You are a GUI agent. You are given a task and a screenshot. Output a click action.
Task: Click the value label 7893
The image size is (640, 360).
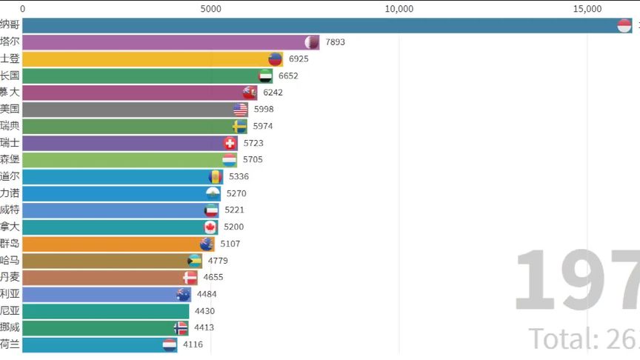[x=335, y=41]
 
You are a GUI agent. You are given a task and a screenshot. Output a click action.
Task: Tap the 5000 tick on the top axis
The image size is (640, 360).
[x=211, y=9]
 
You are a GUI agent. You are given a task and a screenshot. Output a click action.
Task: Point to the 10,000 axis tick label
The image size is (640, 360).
[x=399, y=9]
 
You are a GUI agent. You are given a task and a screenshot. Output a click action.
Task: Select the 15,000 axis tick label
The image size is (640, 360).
[x=587, y=9]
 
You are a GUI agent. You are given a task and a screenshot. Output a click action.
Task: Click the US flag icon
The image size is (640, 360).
[x=240, y=109]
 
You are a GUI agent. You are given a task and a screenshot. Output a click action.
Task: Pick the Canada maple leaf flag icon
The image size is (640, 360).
[x=210, y=227]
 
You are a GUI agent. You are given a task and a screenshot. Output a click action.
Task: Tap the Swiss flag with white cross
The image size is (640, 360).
[x=230, y=143]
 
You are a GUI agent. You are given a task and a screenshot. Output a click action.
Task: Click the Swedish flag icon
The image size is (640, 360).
[x=239, y=126]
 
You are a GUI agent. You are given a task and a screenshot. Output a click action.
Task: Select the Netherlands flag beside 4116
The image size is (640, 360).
[x=170, y=344]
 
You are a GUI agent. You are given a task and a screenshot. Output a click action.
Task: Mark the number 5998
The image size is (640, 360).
[x=264, y=109]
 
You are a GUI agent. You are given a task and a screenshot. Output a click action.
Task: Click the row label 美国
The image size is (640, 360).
[x=10, y=109]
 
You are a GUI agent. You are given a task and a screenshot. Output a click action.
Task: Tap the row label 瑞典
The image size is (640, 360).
[x=10, y=126]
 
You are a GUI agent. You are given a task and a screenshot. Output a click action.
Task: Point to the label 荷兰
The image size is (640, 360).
[x=10, y=344]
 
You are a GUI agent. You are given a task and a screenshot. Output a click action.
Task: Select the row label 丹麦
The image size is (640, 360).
[x=10, y=277]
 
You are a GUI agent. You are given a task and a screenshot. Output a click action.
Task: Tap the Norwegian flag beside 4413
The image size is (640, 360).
[x=181, y=327]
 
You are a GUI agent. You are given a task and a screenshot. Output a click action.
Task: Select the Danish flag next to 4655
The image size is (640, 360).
[x=190, y=277]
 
